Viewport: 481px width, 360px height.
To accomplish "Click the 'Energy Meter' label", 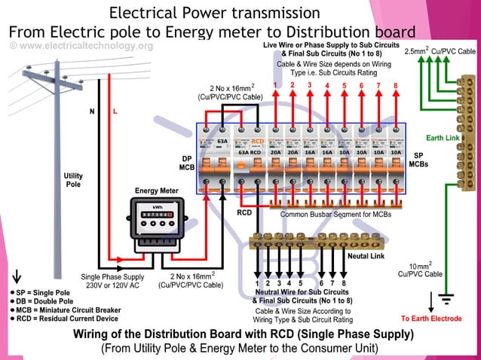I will (x=157, y=191).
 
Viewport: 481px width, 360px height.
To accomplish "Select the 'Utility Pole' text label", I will (x=73, y=180).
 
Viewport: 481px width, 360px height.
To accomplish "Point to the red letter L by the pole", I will (x=115, y=111).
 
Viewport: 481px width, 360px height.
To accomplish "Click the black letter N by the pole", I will (x=92, y=111).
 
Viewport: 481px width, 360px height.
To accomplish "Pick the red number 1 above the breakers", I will (x=276, y=85).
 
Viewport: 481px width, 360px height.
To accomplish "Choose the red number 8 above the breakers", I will (x=394, y=85).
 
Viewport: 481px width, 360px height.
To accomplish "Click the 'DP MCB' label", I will (x=185, y=163).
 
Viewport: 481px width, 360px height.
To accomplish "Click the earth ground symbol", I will (x=446, y=299).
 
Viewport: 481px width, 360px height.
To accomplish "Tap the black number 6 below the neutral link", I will (x=322, y=283).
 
